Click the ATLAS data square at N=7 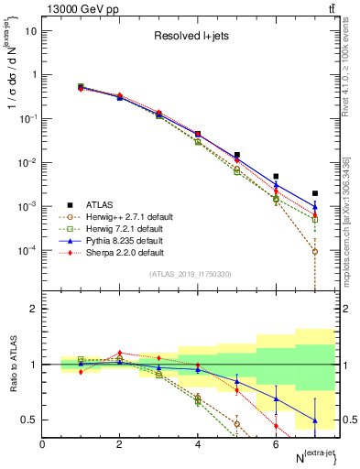pos(315,193)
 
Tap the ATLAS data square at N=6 pos(276,176)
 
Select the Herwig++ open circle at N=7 pos(315,251)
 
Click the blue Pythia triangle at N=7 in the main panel pos(315,207)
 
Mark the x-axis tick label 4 pos(198,444)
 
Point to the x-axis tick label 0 pos(43,444)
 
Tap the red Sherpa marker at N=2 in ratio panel pos(119,353)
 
